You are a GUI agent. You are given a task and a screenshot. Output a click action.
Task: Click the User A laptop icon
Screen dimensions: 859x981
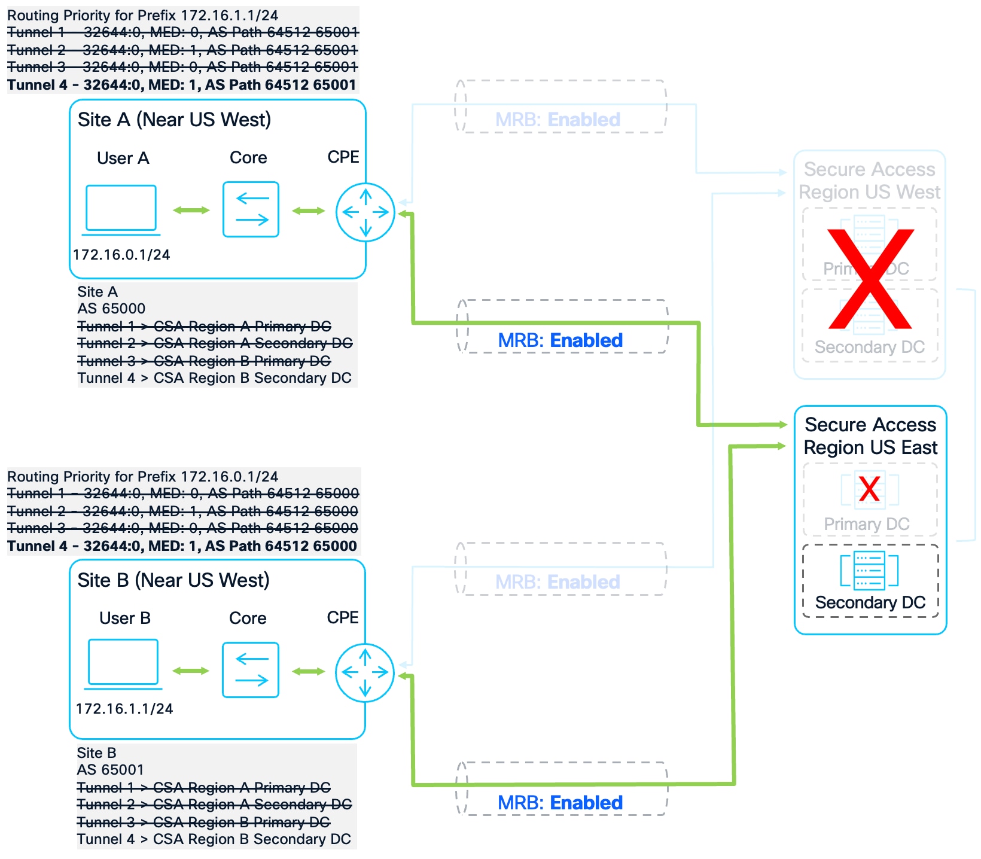tap(121, 209)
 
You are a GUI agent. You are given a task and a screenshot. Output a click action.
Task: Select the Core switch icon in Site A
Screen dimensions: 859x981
tap(251, 209)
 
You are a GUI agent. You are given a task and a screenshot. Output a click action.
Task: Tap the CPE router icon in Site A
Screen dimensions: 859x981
tap(365, 212)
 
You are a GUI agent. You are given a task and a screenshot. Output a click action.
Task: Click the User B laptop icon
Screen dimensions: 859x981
tap(123, 663)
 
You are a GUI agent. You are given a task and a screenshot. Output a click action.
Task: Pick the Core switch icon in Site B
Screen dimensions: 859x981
tap(251, 670)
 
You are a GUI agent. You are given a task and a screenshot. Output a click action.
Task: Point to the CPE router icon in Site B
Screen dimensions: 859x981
tap(364, 672)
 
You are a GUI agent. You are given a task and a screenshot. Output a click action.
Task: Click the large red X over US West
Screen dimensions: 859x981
tap(870, 279)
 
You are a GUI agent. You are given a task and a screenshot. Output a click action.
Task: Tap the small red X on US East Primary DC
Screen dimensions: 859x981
tap(869, 489)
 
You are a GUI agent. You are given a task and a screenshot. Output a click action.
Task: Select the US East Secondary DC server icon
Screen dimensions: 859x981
tap(869, 571)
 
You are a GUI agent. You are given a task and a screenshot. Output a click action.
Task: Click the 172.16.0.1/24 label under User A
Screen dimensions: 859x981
tap(121, 255)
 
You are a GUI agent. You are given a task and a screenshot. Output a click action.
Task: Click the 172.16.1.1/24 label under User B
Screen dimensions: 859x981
tap(124, 709)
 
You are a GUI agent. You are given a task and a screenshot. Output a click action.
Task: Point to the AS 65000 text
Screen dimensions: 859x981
tap(111, 309)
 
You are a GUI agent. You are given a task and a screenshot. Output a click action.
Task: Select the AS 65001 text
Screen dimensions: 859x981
tap(110, 770)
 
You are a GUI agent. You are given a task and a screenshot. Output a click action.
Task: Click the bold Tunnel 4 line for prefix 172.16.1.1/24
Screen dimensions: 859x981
tap(182, 85)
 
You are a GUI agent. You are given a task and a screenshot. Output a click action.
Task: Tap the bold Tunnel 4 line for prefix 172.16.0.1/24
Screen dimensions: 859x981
tap(182, 546)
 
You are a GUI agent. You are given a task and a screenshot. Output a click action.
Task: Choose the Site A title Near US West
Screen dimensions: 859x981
tap(174, 120)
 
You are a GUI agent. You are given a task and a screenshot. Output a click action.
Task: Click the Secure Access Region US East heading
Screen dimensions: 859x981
tap(870, 436)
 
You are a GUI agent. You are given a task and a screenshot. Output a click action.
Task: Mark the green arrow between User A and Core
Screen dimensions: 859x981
tap(191, 210)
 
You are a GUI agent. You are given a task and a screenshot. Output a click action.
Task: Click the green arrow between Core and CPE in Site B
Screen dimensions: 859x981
tap(308, 671)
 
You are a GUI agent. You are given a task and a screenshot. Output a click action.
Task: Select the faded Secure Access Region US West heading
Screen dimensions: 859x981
tap(869, 181)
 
